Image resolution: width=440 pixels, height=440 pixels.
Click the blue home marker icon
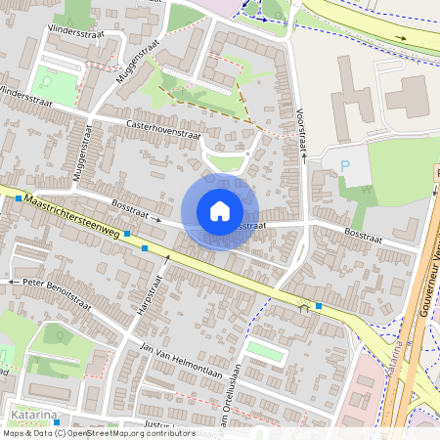tap(219, 210)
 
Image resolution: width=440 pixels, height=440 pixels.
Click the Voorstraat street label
tap(302, 130)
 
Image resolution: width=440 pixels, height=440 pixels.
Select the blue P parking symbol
tap(344, 165)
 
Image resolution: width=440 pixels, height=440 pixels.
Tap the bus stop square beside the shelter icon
tap(319, 305)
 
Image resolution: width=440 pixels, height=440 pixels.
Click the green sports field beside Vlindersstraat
tap(54, 84)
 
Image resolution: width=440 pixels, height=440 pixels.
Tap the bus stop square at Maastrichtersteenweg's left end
tap(19, 198)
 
